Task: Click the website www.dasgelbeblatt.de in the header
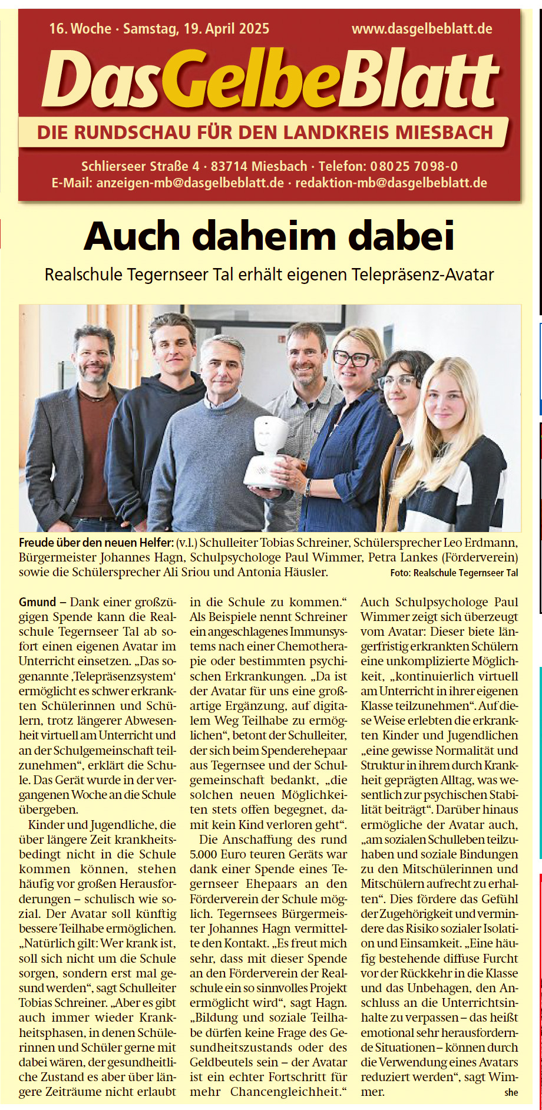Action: coord(422,28)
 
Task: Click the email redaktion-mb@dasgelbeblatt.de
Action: coord(391,183)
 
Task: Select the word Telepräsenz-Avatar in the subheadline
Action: coord(422,275)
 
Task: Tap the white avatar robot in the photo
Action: coord(268,451)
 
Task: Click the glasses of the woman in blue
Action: coord(352,358)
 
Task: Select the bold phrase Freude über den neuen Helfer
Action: coord(96,542)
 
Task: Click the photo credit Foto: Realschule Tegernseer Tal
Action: coord(454,573)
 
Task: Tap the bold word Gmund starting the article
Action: coord(37,602)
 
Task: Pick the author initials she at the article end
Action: coord(511,1092)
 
